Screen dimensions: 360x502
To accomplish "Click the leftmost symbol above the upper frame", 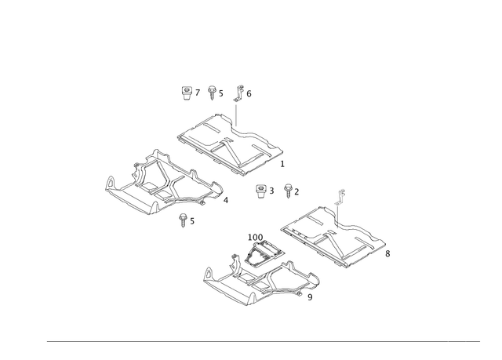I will click(x=186, y=95).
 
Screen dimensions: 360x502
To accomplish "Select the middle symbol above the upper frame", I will click(x=213, y=95).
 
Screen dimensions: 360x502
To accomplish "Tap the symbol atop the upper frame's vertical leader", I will click(x=243, y=93).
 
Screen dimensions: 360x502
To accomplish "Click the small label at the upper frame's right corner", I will click(x=282, y=163).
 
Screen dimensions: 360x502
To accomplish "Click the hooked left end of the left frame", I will click(x=109, y=185).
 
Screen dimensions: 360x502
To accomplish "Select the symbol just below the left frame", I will click(x=186, y=219).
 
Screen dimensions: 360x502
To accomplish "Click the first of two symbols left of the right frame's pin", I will click(x=264, y=189).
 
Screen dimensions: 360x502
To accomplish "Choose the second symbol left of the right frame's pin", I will click(x=292, y=189).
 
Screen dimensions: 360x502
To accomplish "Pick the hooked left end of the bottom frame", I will click(x=208, y=274).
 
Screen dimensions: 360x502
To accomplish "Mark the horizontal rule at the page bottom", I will click(x=263, y=340).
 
